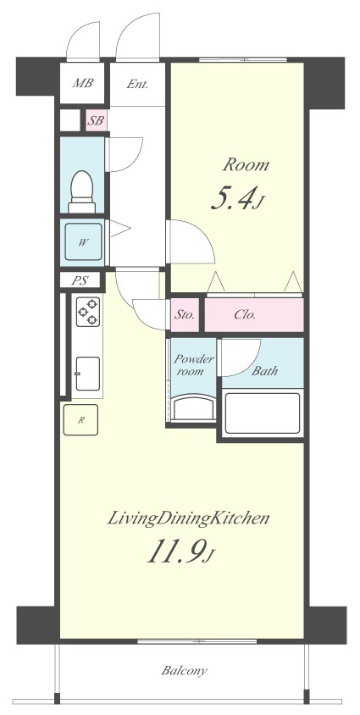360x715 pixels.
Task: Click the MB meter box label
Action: (x=83, y=83)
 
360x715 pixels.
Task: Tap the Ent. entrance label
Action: (x=137, y=84)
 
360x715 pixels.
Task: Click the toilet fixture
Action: (x=82, y=191)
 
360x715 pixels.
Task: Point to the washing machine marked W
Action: (x=83, y=241)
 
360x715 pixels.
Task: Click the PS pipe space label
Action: (x=80, y=280)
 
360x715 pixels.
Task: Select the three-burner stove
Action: (x=88, y=312)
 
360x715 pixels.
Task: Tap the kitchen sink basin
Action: (x=88, y=374)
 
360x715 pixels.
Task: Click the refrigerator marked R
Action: (x=80, y=419)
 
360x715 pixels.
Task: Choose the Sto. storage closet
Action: (x=185, y=314)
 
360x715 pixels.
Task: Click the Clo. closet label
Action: (x=245, y=314)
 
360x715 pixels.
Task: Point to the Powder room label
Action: (x=194, y=364)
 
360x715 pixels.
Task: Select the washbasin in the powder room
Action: (x=194, y=407)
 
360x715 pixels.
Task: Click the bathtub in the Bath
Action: (x=263, y=413)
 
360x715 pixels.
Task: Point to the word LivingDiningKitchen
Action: (x=188, y=519)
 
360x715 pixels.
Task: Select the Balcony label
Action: (x=185, y=671)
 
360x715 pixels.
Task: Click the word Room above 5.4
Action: (x=246, y=164)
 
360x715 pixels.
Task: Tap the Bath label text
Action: (x=265, y=371)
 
